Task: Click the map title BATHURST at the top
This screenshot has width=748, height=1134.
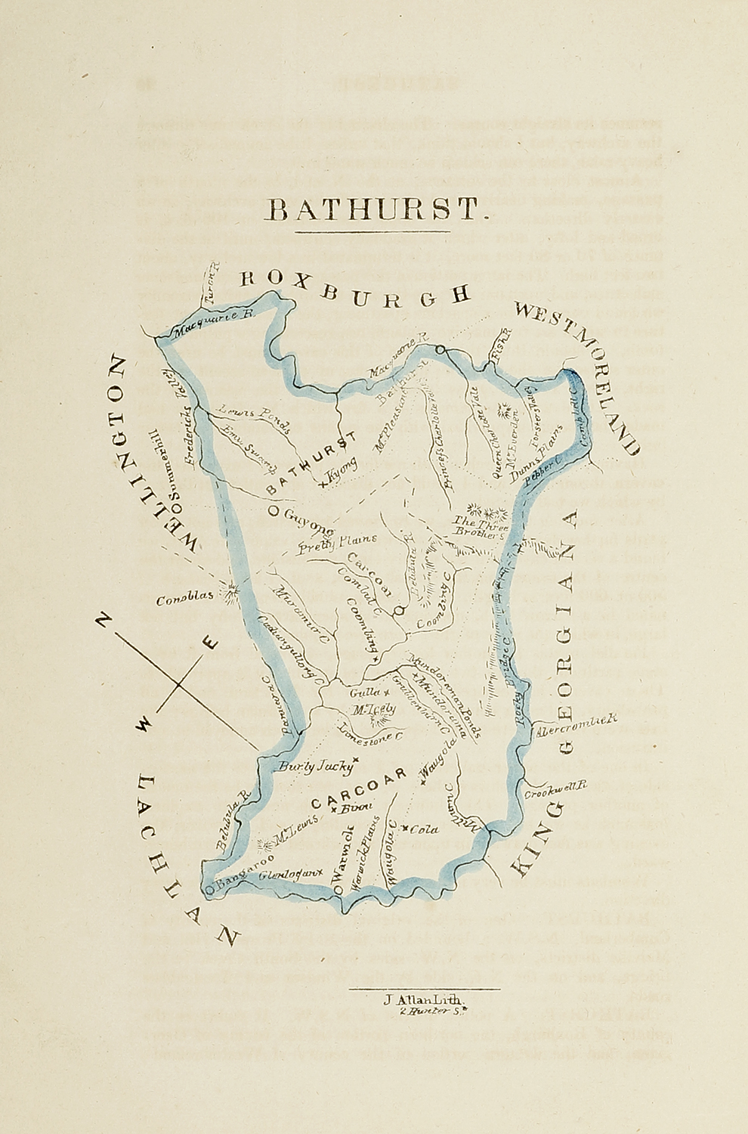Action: click(x=373, y=210)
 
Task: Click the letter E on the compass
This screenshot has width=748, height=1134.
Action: click(x=211, y=643)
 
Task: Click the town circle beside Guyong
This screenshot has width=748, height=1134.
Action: click(x=273, y=511)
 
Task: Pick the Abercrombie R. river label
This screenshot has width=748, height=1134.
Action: click(x=576, y=723)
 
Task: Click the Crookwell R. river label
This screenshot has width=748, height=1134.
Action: click(x=556, y=791)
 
